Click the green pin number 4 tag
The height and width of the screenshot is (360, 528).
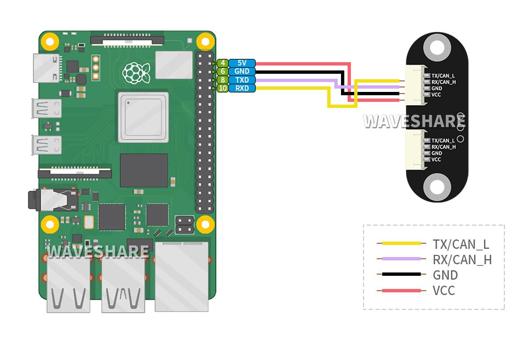222,63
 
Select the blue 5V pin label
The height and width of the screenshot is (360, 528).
242,63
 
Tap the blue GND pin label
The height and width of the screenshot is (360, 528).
242,71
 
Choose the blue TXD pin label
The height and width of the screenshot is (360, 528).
242,80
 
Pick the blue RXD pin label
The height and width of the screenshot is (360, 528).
242,88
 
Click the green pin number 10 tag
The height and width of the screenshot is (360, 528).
222,88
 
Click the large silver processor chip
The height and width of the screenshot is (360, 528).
143,117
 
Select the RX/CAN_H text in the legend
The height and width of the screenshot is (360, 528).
462,260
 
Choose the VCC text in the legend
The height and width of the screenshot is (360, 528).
444,290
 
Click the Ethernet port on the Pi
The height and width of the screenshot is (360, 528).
182,277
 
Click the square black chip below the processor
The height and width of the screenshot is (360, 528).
144,170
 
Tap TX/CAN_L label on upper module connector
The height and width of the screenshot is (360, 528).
443,75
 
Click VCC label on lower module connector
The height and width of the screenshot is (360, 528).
436,160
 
